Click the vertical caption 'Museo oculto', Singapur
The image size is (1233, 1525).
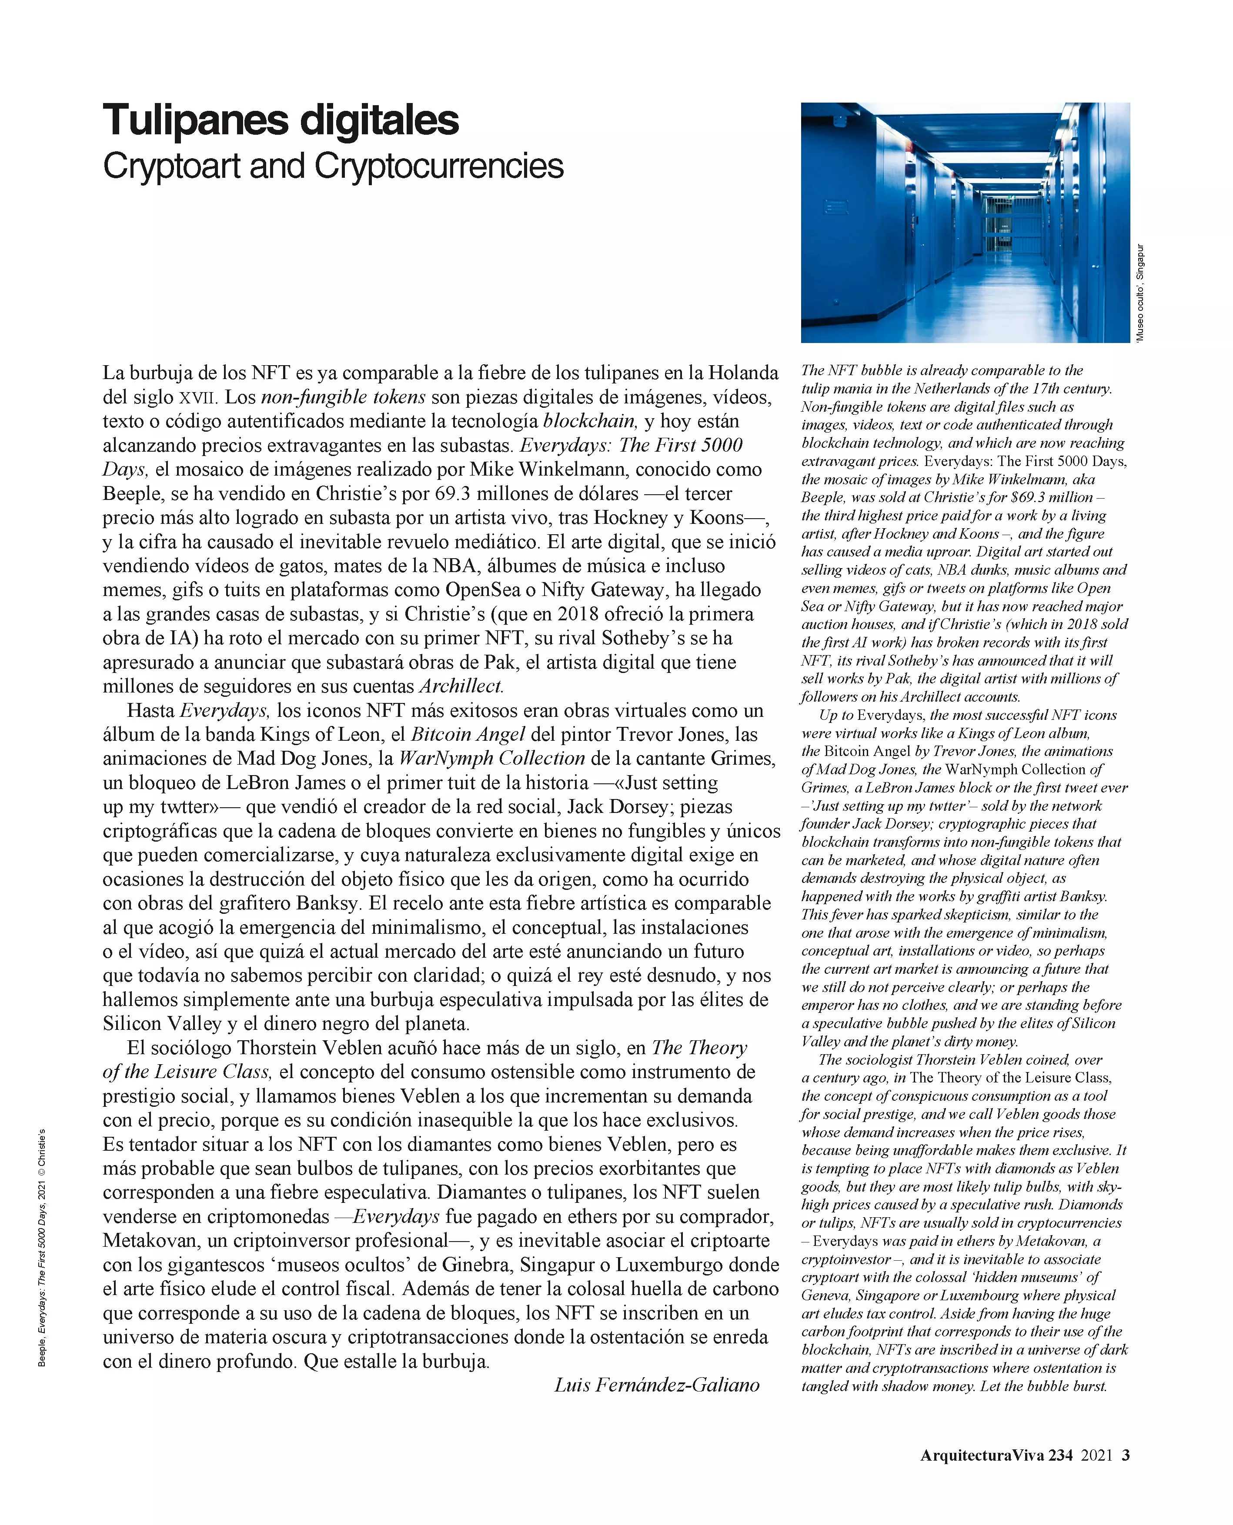(x=1140, y=293)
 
